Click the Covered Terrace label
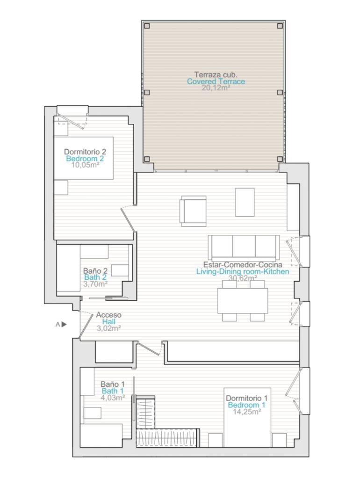(x=216, y=81)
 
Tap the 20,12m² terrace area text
(x=216, y=88)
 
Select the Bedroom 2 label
(x=85, y=159)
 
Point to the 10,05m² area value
(x=85, y=165)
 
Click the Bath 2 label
(x=95, y=277)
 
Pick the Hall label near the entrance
(x=109, y=321)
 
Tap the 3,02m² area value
(x=109, y=328)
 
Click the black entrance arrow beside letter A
(x=64, y=325)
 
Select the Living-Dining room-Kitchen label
(x=243, y=272)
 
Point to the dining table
(x=243, y=301)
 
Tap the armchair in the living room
(x=193, y=211)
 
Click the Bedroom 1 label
(x=247, y=405)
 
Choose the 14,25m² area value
(x=247, y=412)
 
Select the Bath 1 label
(x=113, y=391)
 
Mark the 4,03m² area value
(x=113, y=398)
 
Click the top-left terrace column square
(x=147, y=26)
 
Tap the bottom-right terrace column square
(x=280, y=159)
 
